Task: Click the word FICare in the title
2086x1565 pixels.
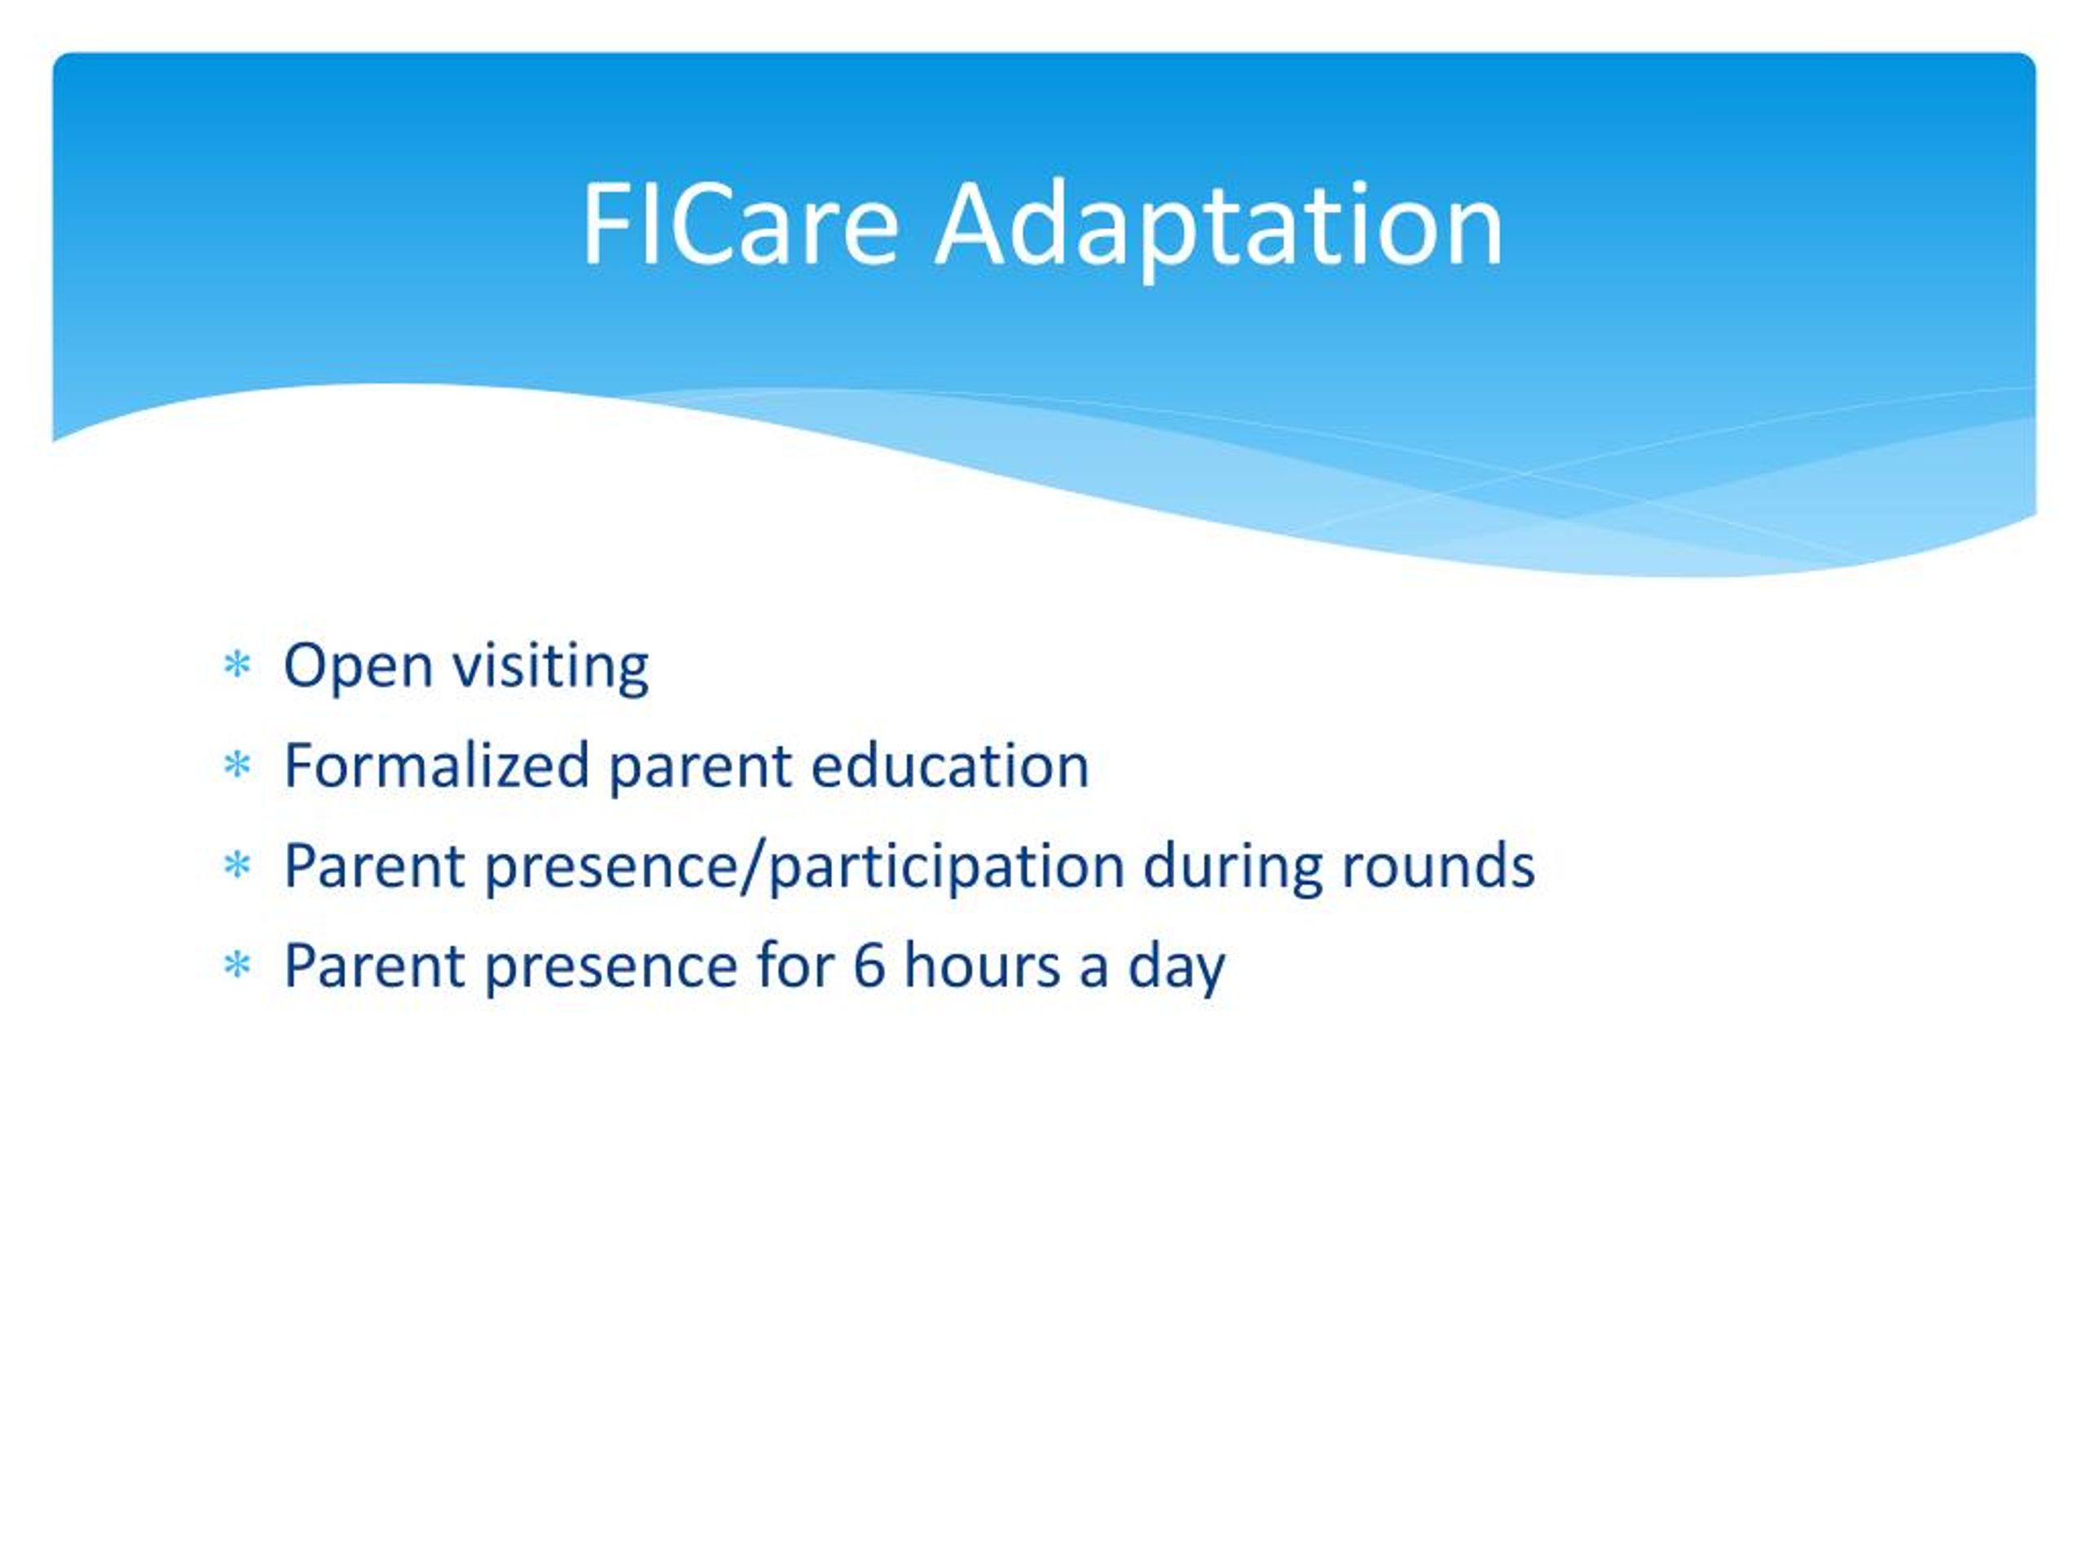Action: tap(740, 224)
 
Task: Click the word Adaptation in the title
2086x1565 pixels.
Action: tap(1218, 229)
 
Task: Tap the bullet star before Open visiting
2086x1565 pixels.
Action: tap(236, 665)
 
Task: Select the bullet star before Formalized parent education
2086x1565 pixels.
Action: tap(236, 765)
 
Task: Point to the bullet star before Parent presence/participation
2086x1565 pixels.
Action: tap(236, 865)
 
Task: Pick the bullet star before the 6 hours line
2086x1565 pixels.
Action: tap(236, 965)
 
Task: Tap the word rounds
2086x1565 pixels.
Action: tap(1438, 864)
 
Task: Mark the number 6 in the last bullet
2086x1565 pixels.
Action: tap(868, 966)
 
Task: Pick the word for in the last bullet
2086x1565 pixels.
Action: tap(795, 964)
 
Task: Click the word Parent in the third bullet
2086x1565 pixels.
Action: tap(374, 864)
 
